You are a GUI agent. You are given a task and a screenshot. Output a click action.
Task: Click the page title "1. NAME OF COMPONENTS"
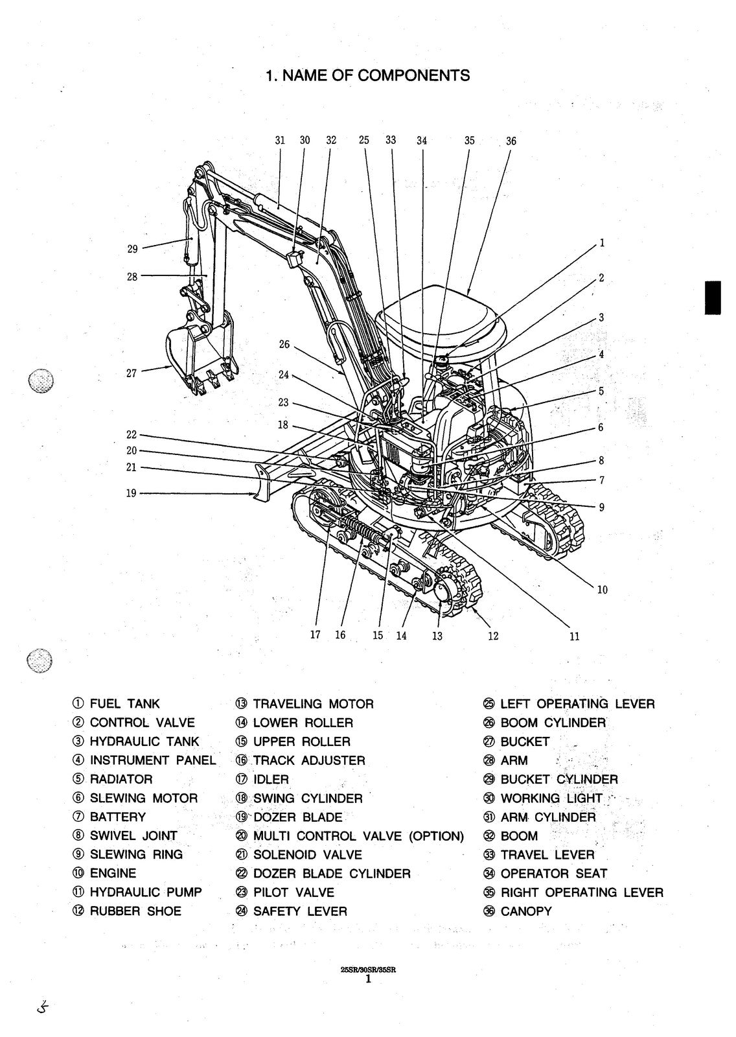[x=367, y=75]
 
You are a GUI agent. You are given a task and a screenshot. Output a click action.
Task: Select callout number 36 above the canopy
[x=511, y=141]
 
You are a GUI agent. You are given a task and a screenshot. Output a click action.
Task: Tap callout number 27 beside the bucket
[x=132, y=373]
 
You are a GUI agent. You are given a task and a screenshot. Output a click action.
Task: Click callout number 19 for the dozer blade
[x=131, y=493]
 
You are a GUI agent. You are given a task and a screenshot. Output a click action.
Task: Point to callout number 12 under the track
[x=493, y=636]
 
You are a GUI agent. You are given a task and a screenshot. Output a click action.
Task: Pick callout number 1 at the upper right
[x=602, y=243]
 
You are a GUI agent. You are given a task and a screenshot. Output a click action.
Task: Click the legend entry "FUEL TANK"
[x=124, y=704]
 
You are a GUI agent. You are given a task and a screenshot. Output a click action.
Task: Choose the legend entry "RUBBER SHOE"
[x=135, y=911]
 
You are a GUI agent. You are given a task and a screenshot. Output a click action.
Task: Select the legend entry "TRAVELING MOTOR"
[x=313, y=704]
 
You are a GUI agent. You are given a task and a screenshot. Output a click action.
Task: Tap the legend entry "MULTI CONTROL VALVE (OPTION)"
[x=358, y=836]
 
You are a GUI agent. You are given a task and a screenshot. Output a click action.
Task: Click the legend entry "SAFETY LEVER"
[x=300, y=911]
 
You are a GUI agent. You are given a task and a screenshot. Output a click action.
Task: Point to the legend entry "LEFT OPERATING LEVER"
[x=577, y=704]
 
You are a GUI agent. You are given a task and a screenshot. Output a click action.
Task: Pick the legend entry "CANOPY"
[x=526, y=911]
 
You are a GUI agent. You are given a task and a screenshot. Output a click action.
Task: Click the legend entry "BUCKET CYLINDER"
[x=559, y=779]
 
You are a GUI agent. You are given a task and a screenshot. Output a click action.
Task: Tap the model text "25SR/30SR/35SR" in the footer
[x=367, y=970]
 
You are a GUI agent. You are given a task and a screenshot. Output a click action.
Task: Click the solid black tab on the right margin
[x=713, y=297]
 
